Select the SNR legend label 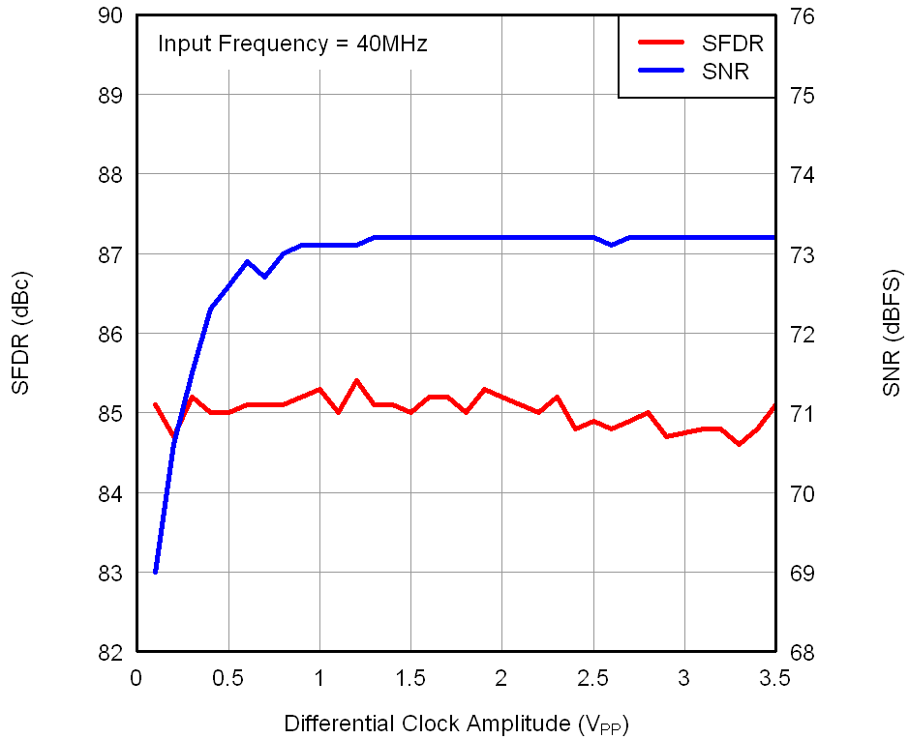(x=727, y=71)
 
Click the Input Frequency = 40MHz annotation (x=292, y=44)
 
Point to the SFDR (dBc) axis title (x=21, y=335)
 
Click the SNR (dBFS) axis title (x=891, y=335)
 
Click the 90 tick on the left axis (x=109, y=15)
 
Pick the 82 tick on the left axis (x=109, y=653)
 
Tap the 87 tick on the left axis (x=109, y=254)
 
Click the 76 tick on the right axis (x=804, y=15)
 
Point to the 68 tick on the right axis (x=804, y=653)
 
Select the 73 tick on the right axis (x=804, y=254)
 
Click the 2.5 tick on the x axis (x=593, y=678)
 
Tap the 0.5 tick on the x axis (x=227, y=678)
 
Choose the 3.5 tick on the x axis (x=775, y=678)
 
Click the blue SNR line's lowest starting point (x=155, y=572)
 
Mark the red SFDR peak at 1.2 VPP (x=356, y=380)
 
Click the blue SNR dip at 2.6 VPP (x=612, y=245)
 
